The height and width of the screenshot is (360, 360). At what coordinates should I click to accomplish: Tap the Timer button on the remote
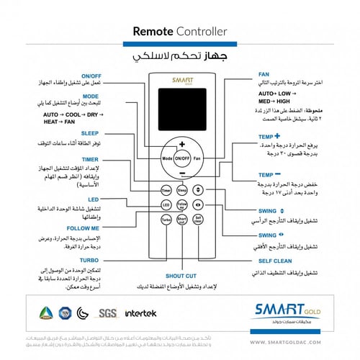(x=166, y=191)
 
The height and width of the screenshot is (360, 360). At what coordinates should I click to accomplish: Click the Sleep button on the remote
(x=182, y=191)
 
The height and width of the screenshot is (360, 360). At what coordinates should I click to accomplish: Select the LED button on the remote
(x=166, y=204)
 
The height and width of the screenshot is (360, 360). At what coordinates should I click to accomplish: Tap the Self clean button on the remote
(x=199, y=219)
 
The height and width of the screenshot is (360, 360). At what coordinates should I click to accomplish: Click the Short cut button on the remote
(x=182, y=219)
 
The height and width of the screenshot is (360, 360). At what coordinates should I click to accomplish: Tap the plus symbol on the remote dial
(x=182, y=143)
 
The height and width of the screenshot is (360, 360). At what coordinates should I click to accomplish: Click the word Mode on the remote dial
(x=167, y=157)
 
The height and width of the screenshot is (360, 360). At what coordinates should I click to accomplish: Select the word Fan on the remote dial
(x=197, y=157)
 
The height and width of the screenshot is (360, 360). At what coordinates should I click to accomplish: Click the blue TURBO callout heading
(x=90, y=259)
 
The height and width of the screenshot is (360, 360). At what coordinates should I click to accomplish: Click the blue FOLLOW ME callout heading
(x=85, y=228)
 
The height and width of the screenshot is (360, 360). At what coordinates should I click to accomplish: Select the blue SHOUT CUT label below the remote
(x=181, y=276)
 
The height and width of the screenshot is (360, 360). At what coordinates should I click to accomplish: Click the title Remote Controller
(x=180, y=32)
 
